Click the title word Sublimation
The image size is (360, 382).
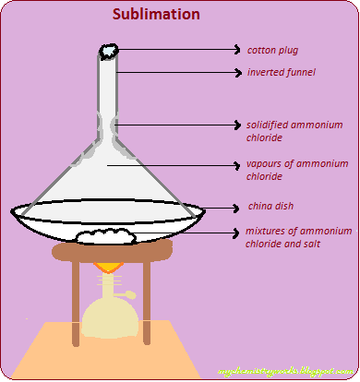pyautogui.click(x=154, y=16)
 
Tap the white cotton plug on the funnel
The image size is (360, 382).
pyautogui.click(x=108, y=52)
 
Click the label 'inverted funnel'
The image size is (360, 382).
pyautogui.click(x=281, y=72)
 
